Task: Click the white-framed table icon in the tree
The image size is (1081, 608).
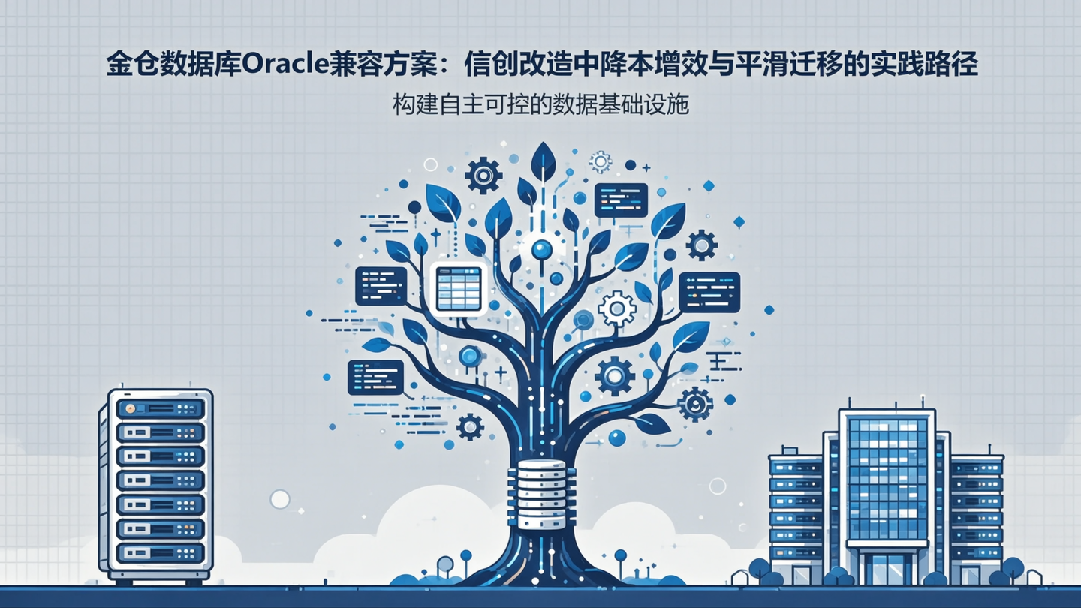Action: point(458,288)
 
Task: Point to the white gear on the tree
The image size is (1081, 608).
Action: point(617,309)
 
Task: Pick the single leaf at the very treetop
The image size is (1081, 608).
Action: point(543,161)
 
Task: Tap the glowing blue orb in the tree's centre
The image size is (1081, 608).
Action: point(540,249)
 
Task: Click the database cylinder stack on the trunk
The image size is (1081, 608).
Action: point(540,495)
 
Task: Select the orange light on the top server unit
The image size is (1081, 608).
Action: point(131,409)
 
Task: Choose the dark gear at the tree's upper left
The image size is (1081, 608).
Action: point(483,176)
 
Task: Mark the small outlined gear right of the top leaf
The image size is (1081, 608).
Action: point(600,162)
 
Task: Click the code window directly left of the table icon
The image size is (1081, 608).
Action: point(381,286)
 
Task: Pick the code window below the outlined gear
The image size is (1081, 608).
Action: point(620,200)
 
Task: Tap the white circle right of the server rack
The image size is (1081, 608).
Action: point(280,499)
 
